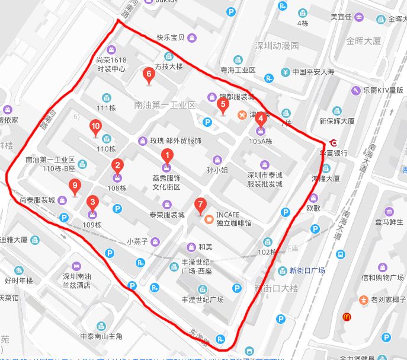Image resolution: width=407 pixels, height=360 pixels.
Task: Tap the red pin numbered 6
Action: click(149, 75)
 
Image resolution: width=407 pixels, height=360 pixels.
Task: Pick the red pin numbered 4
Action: click(261, 118)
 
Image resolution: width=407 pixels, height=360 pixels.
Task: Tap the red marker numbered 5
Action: click(223, 106)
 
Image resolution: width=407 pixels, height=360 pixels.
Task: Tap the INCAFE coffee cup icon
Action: click(209, 219)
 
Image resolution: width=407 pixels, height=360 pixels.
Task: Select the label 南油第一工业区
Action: click(165, 105)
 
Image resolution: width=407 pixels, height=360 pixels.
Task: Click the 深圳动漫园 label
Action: click(277, 46)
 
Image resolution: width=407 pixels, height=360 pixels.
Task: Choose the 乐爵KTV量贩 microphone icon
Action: click(356, 90)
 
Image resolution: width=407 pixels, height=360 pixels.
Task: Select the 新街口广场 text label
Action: click(307, 270)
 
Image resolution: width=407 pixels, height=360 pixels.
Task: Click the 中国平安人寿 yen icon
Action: click(285, 72)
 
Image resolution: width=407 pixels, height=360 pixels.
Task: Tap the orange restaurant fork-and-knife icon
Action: click(242, 114)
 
